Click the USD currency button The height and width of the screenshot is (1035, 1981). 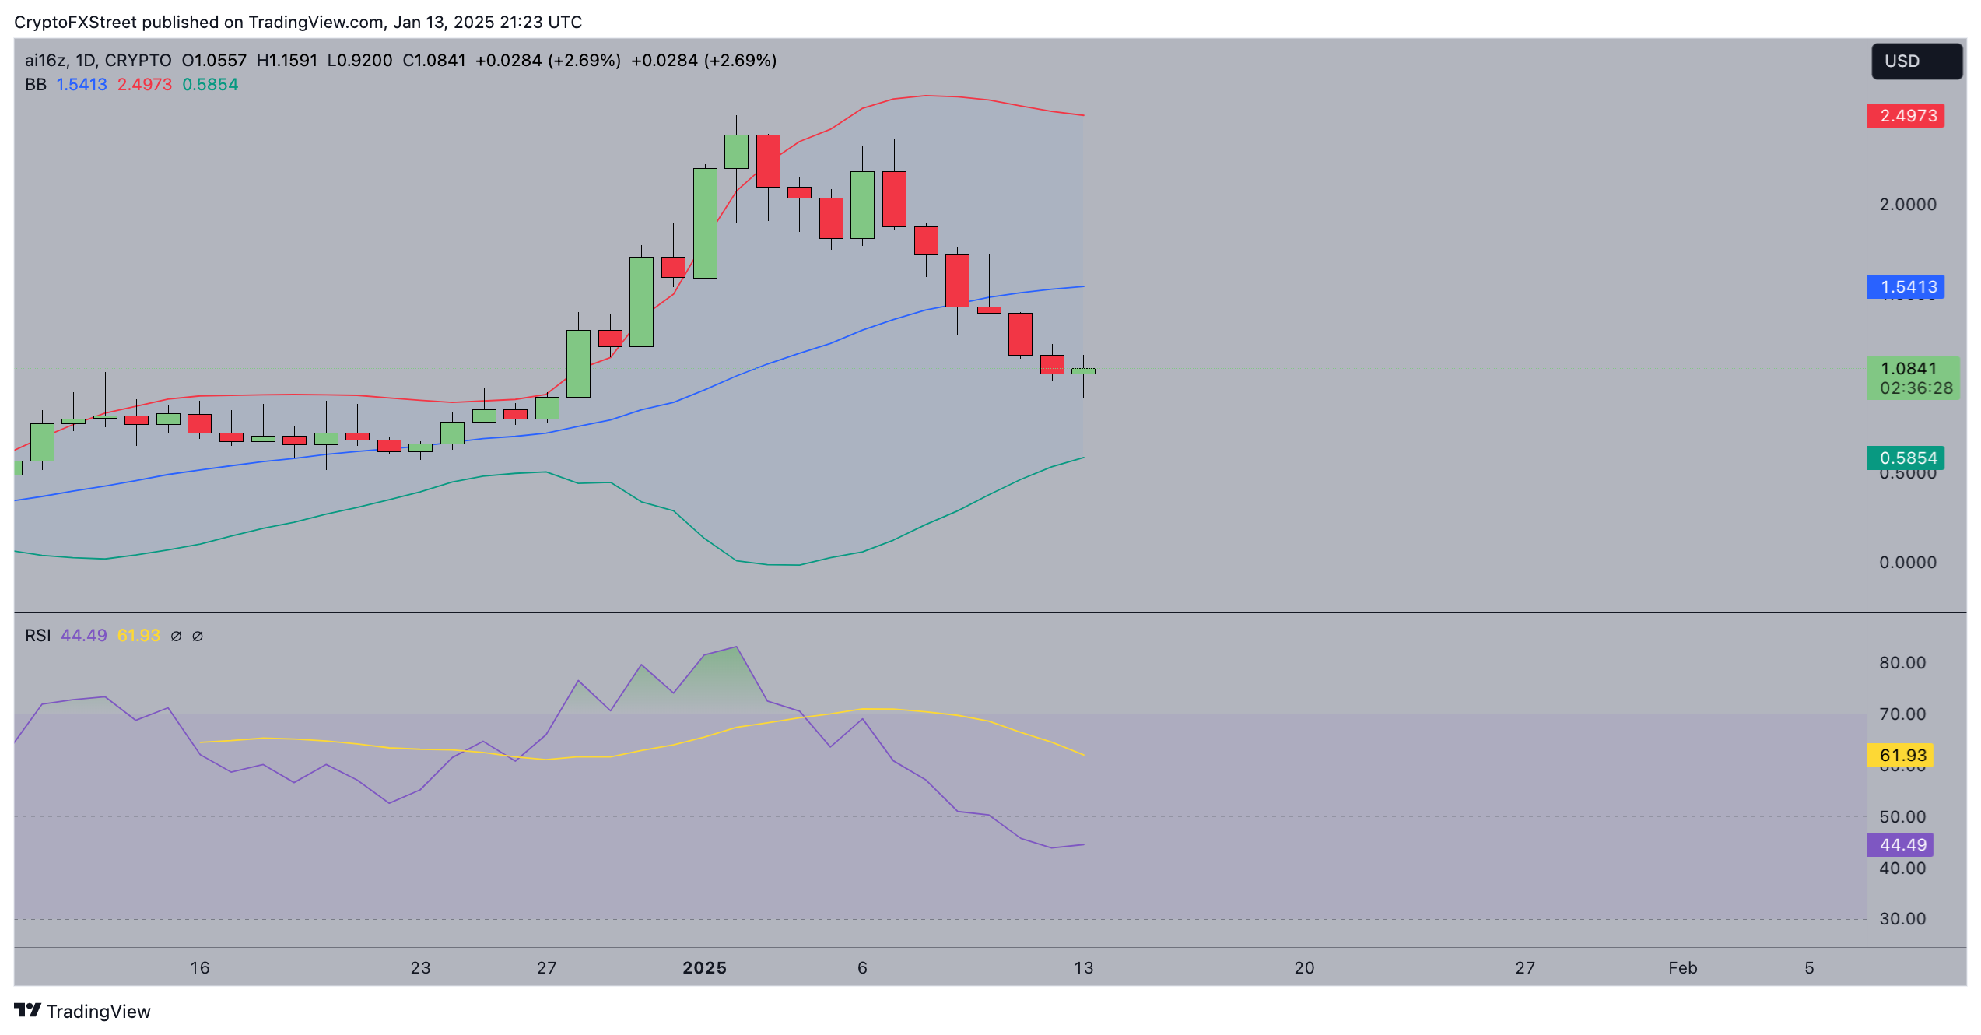pyautogui.click(x=1916, y=61)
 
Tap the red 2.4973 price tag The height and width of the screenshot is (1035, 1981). pyautogui.click(x=1906, y=116)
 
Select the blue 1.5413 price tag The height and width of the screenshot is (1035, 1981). pyautogui.click(x=1906, y=287)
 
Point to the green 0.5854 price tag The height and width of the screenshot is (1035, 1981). pyautogui.click(x=1906, y=458)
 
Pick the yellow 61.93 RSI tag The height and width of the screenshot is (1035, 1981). pyautogui.click(x=1901, y=756)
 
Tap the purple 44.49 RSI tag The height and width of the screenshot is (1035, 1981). pyautogui.click(x=1901, y=845)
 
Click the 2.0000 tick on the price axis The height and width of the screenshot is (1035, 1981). pyautogui.click(x=1907, y=205)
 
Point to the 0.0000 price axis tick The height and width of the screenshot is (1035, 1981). pyautogui.click(x=1907, y=563)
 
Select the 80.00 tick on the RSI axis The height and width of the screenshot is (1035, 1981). pyautogui.click(x=1902, y=663)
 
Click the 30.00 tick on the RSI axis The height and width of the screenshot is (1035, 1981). pyautogui.click(x=1902, y=919)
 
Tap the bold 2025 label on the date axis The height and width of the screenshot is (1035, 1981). pyautogui.click(x=704, y=968)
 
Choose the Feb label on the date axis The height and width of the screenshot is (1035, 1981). pyautogui.click(x=1682, y=968)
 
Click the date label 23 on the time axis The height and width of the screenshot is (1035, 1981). pyautogui.click(x=420, y=968)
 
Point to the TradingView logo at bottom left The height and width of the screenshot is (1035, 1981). pyautogui.click(x=82, y=1012)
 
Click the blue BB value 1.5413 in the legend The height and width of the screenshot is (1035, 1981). pyautogui.click(x=82, y=85)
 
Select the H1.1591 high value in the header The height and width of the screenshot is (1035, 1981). pyautogui.click(x=287, y=61)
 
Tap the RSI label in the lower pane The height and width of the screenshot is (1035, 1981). pyautogui.click(x=37, y=636)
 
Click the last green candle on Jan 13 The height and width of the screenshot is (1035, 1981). pyautogui.click(x=1083, y=371)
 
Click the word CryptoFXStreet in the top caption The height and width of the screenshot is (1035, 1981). pyautogui.click(x=75, y=23)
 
